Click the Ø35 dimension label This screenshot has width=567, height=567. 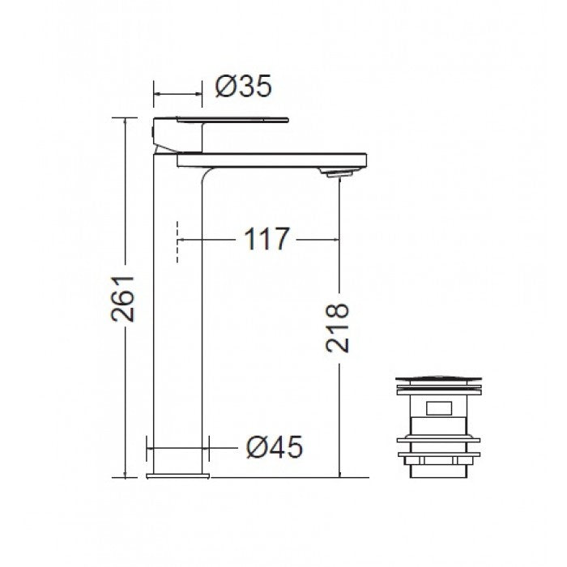click(x=243, y=87)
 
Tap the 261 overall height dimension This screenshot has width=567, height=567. click(x=123, y=299)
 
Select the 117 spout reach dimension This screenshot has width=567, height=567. click(x=266, y=239)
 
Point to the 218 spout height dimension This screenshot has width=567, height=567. click(x=337, y=327)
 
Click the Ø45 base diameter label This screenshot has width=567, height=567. click(x=275, y=447)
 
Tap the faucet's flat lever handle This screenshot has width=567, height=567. click(x=232, y=120)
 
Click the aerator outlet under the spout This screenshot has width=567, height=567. click(x=335, y=173)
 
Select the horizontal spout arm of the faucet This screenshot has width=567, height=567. click(x=272, y=160)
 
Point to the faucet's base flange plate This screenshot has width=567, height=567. click(x=178, y=475)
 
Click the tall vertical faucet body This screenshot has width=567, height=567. click(x=177, y=313)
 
